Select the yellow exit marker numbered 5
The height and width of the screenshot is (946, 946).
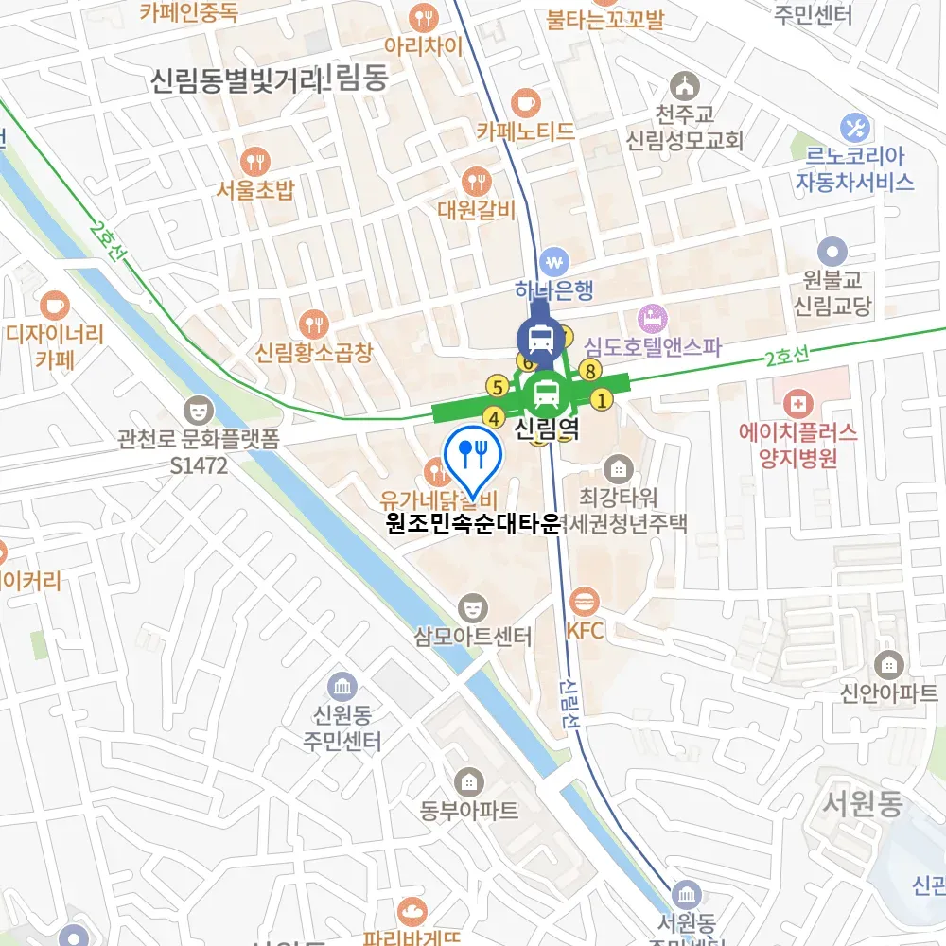tap(496, 386)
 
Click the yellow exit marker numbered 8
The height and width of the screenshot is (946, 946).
tap(591, 371)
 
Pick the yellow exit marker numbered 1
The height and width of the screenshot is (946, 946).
tap(600, 400)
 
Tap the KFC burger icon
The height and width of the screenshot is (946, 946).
tap(585, 601)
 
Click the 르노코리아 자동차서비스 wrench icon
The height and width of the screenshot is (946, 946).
tap(855, 126)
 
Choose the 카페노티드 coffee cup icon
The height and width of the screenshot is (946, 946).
tap(525, 101)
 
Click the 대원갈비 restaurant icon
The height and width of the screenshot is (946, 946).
tap(477, 181)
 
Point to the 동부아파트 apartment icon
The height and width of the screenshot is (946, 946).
tap(469, 781)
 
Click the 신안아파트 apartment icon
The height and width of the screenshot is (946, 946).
tap(888, 664)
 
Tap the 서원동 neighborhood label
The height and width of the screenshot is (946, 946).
tap(862, 805)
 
